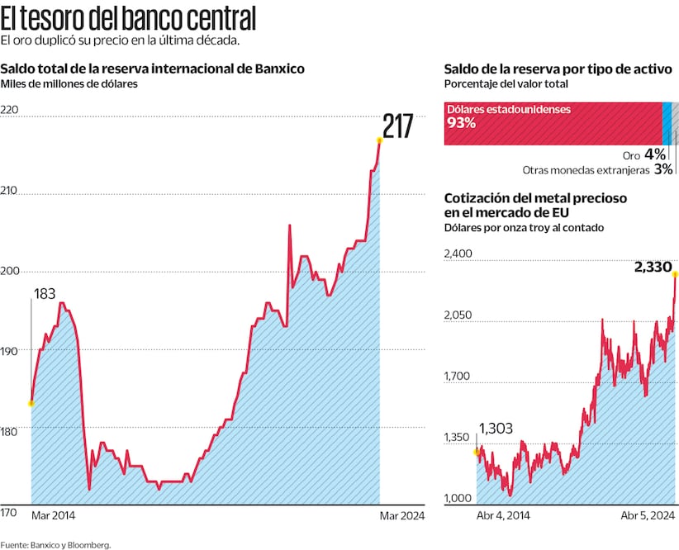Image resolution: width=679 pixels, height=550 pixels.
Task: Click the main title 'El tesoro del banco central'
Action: click(128, 17)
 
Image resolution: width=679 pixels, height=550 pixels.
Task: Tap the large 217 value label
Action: click(397, 127)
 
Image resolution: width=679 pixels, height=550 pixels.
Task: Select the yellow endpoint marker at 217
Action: click(379, 140)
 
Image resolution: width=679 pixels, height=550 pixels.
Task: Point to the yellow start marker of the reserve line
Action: click(31, 403)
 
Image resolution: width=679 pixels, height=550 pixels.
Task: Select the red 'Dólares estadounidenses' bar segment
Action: click(553, 124)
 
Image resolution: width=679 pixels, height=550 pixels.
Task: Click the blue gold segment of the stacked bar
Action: click(667, 124)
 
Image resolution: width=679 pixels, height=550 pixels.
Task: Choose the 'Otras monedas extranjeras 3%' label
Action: click(597, 169)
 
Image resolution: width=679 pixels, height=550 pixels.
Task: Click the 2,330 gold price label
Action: click(653, 267)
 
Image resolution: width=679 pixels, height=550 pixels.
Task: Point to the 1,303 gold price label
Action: click(496, 429)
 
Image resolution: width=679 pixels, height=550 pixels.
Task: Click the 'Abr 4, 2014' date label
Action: click(503, 515)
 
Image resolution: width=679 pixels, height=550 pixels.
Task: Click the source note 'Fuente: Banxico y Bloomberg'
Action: click(55, 544)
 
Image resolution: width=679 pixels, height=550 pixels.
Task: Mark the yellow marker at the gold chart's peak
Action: click(675, 273)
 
